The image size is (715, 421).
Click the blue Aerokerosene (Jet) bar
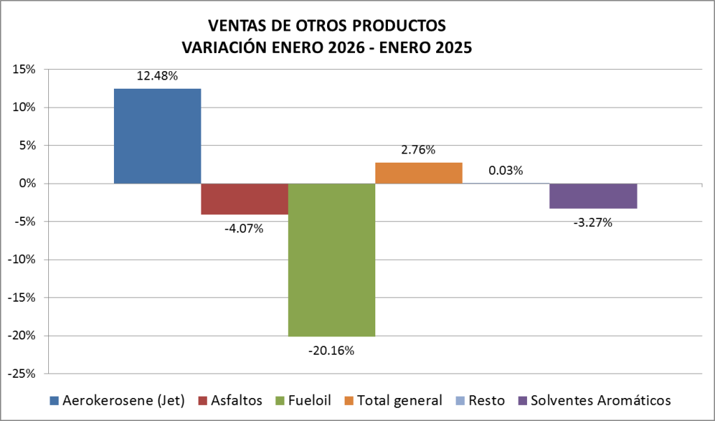pos(157,136)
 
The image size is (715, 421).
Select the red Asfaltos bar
pos(245,199)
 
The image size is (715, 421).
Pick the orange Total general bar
pos(419,173)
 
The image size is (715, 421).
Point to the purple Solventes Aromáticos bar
pos(593,196)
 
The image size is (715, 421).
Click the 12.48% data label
pos(157,76)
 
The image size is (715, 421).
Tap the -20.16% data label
pos(331,350)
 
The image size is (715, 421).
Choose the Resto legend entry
pos(486,400)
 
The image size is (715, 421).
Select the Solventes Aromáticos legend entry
pos(600,400)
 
